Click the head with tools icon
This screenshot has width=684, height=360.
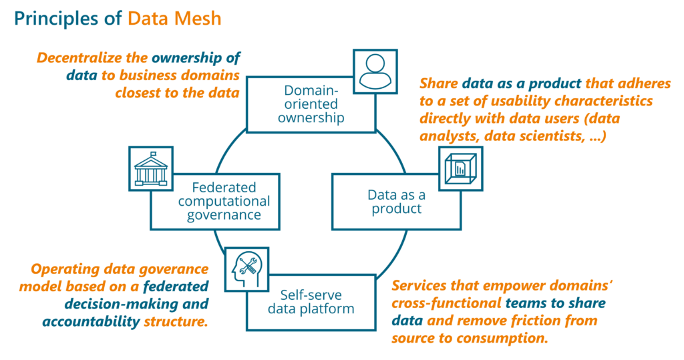[x=246, y=269]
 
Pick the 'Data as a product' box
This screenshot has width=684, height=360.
[x=395, y=201]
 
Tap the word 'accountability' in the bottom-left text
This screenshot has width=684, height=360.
[x=92, y=322]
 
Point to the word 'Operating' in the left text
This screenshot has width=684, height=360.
[x=63, y=269]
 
